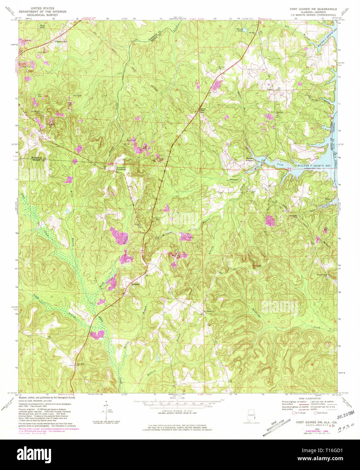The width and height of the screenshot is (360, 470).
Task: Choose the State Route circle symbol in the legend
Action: (315, 413)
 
